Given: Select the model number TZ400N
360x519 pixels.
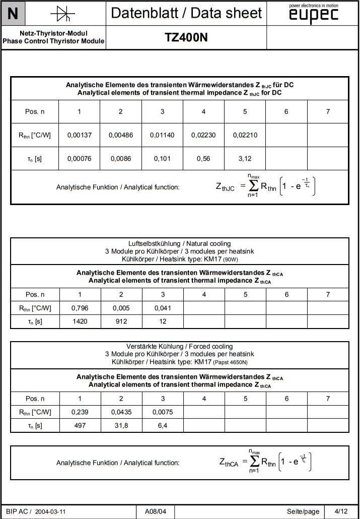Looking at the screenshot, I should (186, 38).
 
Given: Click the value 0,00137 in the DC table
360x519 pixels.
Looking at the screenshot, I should (79, 135).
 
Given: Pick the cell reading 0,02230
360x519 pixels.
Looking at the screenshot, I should (203, 135).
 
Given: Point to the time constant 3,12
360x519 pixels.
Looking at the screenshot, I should (245, 159).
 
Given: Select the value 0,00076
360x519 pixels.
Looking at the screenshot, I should (79, 159).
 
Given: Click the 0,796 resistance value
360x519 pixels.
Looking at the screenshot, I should (80, 308).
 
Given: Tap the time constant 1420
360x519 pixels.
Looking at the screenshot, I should (80, 321).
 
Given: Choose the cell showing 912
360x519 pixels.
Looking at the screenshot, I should (121, 321).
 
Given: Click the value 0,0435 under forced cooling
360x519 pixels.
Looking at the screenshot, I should (121, 412).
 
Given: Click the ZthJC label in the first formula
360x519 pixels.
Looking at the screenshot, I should (225, 187).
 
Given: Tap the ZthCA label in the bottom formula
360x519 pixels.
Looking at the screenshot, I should (228, 462).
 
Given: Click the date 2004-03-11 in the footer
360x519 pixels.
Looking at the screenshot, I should (50, 511).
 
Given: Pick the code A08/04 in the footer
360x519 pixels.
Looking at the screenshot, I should (156, 511).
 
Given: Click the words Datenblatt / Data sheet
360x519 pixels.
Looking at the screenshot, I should (186, 13).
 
